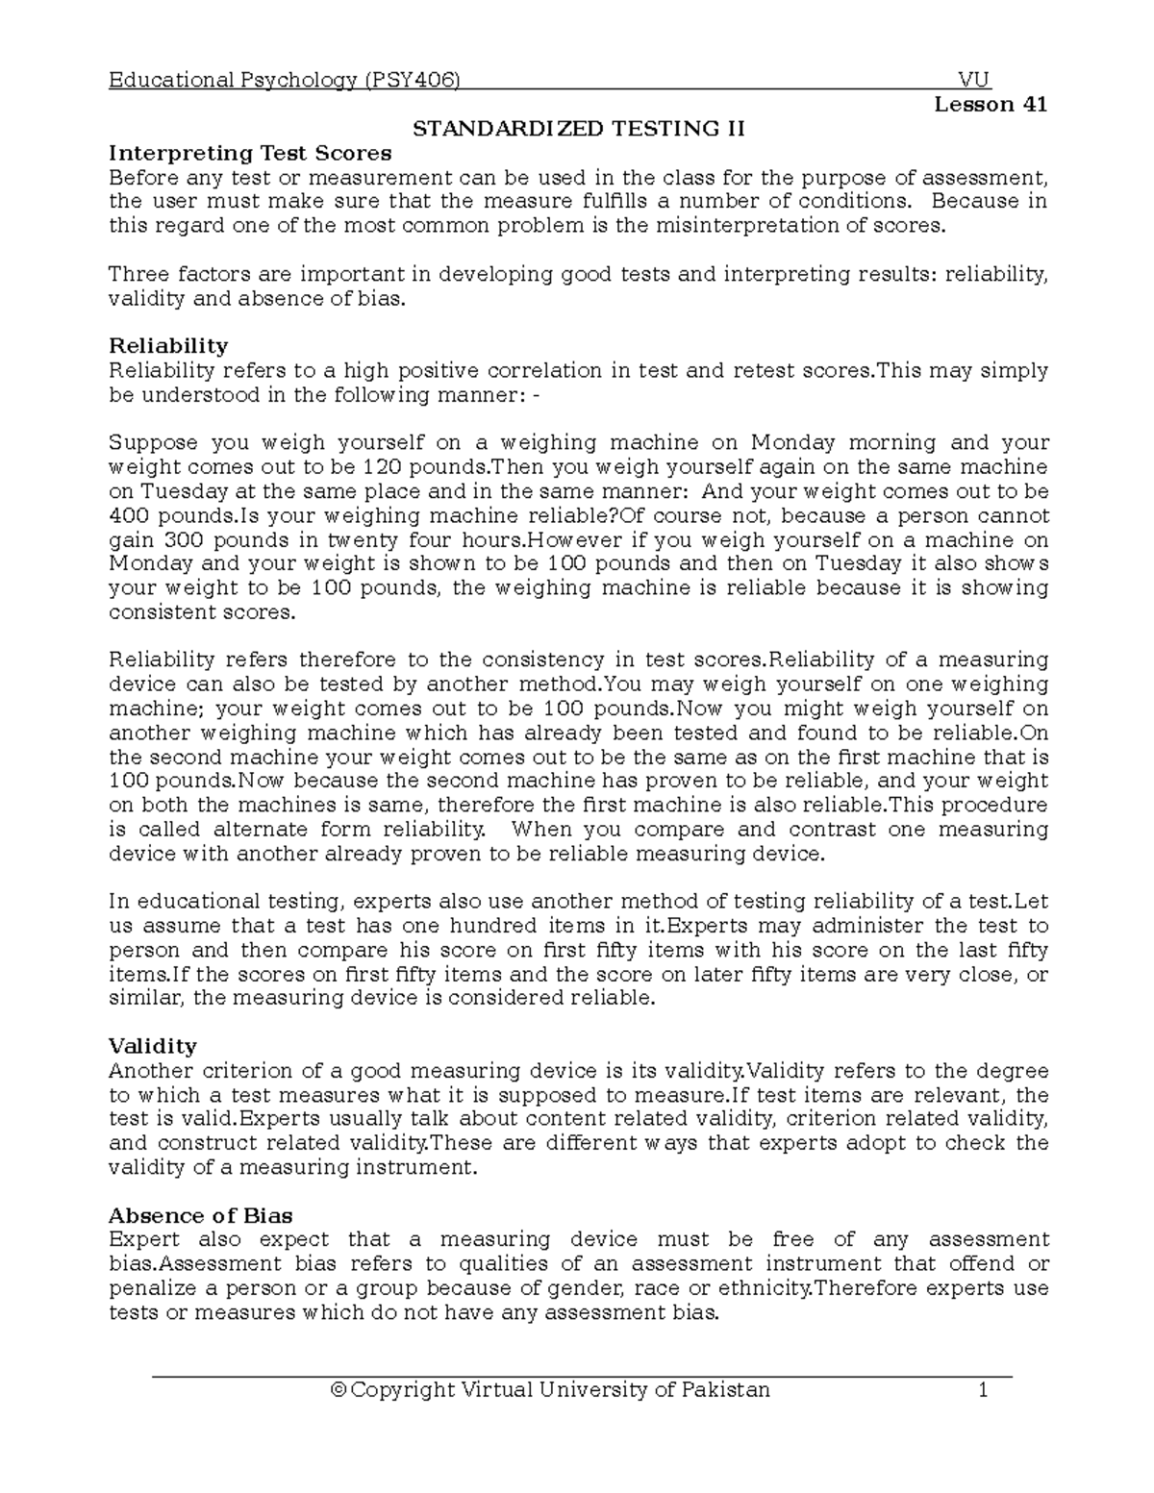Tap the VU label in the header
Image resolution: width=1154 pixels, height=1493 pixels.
[974, 80]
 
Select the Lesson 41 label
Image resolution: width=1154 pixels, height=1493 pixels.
[991, 104]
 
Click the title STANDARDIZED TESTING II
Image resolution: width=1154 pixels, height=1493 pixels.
[579, 129]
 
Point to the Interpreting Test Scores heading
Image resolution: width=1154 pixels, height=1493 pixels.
[250, 153]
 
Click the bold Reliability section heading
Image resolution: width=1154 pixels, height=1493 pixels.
[168, 346]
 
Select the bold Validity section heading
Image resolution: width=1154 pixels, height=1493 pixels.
[152, 1046]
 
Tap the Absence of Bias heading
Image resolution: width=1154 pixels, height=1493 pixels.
[201, 1215]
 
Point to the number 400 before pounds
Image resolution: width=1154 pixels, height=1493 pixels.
[126, 515]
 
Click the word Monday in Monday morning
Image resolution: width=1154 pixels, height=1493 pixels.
[795, 443]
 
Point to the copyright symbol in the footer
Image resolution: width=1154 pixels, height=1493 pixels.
[337, 1390]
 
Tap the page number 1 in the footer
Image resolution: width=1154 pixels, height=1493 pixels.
[983, 1390]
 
